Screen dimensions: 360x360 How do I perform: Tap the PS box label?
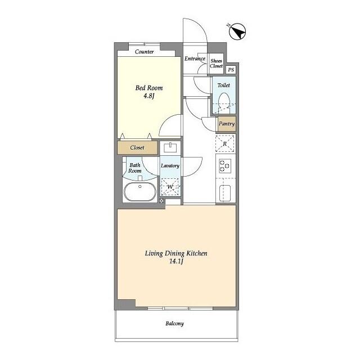pos(231,69)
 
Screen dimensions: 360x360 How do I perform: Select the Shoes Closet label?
pos(217,64)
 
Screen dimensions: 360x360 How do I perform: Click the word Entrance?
pos(195,58)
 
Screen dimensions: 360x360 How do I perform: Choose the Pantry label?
pos(226,124)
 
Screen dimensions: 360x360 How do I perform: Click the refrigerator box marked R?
pos(225,144)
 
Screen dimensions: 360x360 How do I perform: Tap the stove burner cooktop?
pos(225,166)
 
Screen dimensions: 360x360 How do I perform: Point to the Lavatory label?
pos(170,166)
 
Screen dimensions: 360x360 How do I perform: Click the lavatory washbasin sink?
pos(170,148)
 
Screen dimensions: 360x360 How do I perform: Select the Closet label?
pos(137,148)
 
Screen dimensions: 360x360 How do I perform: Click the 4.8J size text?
pos(148,96)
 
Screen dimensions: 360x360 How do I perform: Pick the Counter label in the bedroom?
pos(145,52)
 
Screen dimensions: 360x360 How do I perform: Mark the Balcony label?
pos(174,323)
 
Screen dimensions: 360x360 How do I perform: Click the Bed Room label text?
pos(148,88)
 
